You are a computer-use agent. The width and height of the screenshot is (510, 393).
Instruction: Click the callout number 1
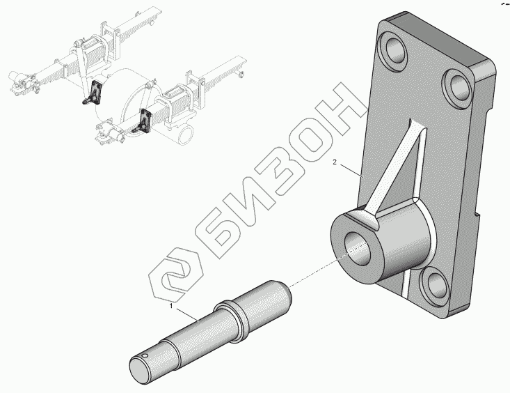pyautogui.click(x=171, y=305)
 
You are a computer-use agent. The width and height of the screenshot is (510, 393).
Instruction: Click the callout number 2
pyautogui.click(x=335, y=162)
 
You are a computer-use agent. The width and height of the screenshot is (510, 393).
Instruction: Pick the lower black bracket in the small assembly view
pyautogui.click(x=144, y=120)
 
